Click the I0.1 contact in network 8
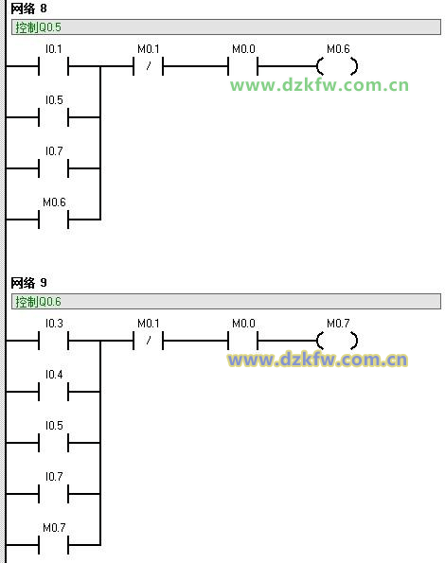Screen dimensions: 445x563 (x=54, y=66)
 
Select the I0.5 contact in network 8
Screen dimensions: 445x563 (x=54, y=117)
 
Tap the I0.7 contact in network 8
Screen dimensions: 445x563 (x=54, y=168)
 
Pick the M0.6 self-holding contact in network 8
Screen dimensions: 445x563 (x=54, y=219)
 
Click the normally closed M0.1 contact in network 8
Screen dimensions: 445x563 (x=149, y=66)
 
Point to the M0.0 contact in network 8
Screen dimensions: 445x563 (x=242, y=66)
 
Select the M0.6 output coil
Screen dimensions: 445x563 (x=337, y=66)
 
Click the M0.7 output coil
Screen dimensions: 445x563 (x=337, y=341)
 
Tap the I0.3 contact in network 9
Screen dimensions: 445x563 (x=54, y=341)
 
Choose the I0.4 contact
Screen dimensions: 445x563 (x=54, y=392)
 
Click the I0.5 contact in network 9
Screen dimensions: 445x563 (x=54, y=443)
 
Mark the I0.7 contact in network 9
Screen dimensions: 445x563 (x=54, y=493)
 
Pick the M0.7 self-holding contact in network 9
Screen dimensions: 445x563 (x=54, y=545)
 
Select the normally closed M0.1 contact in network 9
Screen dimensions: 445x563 (x=149, y=341)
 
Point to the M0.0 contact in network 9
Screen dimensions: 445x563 (x=242, y=341)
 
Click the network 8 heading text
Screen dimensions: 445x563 (x=28, y=9)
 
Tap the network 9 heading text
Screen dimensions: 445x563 (x=28, y=283)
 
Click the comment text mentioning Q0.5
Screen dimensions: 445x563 (x=38, y=27)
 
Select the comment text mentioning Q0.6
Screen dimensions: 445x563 (x=38, y=302)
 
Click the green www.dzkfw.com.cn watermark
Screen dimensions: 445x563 (x=319, y=85)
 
